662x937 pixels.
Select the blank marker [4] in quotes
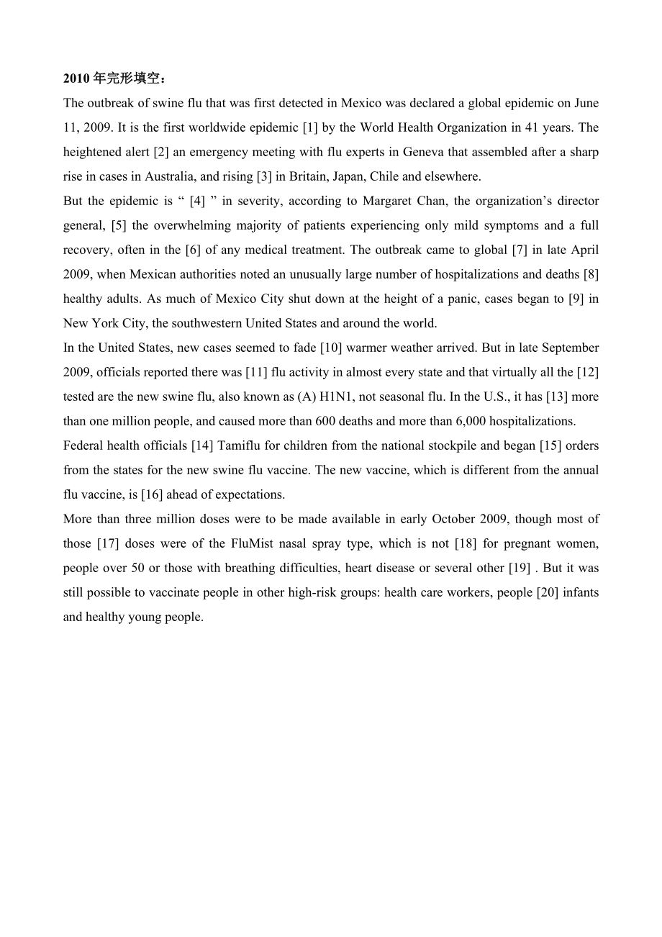coord(197,201)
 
